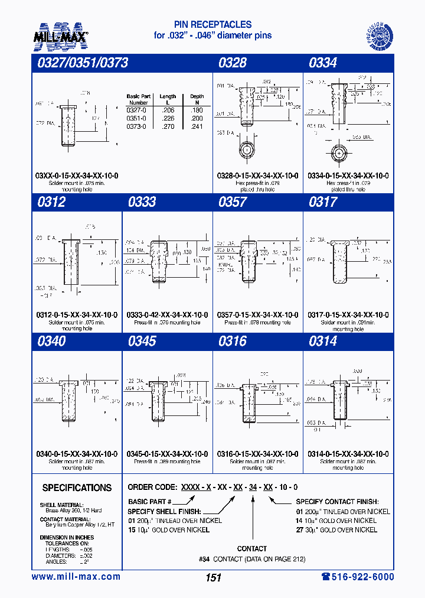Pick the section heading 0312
[51, 202]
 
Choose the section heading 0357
[233, 202]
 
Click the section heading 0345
[142, 341]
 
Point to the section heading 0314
[323, 341]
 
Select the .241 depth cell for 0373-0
[197, 126]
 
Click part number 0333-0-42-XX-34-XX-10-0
[167, 315]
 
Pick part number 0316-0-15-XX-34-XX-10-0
[258, 454]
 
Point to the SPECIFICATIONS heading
[77, 488]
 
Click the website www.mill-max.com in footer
[76, 577]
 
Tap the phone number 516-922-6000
[357, 577]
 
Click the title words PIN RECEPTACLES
[213, 25]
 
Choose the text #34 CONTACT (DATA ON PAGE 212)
[252, 559]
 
